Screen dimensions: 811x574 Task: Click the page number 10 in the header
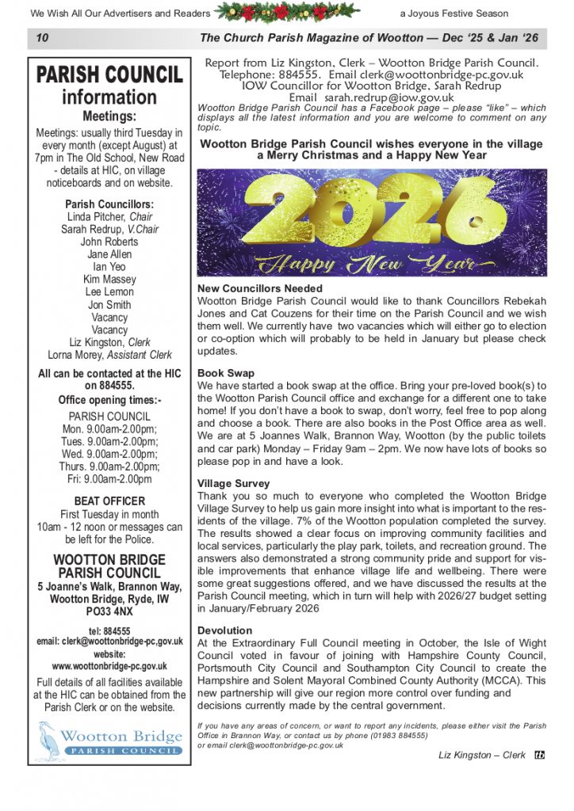(x=43, y=38)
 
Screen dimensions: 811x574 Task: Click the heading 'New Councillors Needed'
(x=259, y=289)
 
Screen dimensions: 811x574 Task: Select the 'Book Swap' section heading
(x=226, y=372)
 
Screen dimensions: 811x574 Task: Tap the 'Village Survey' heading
(x=233, y=483)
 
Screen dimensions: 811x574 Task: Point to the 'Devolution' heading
(x=225, y=631)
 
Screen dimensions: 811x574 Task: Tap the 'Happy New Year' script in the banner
(x=371, y=262)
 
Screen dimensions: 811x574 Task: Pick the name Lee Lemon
(x=109, y=291)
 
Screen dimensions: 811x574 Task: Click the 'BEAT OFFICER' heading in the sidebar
(x=109, y=501)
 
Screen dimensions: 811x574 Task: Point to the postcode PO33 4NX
(x=109, y=612)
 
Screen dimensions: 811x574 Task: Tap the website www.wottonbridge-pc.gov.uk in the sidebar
(x=109, y=667)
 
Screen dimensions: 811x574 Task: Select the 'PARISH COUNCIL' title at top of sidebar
(x=109, y=75)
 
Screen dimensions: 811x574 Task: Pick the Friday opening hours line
(x=109, y=479)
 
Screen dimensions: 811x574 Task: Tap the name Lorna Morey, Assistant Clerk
(x=109, y=355)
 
